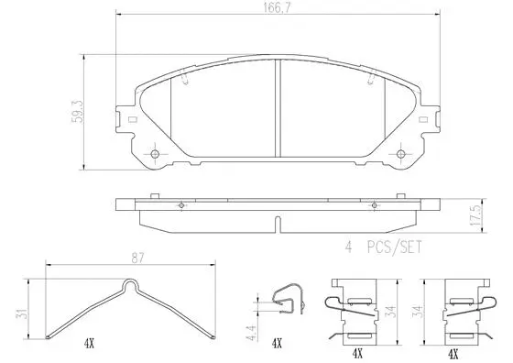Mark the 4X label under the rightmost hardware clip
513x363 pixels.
point(452,351)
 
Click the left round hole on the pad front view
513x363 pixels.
point(155,153)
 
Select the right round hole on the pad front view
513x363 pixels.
point(403,153)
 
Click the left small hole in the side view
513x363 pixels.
point(182,203)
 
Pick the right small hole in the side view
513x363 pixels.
point(377,203)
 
